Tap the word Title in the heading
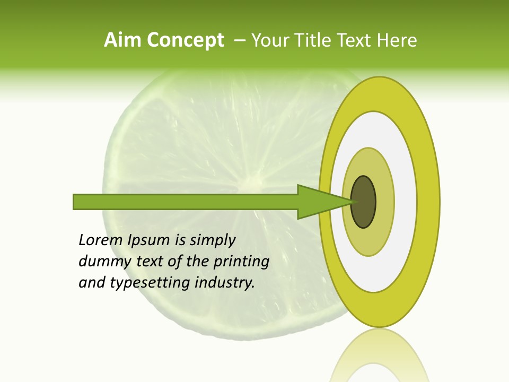click(x=315, y=40)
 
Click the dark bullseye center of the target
click(x=364, y=202)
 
